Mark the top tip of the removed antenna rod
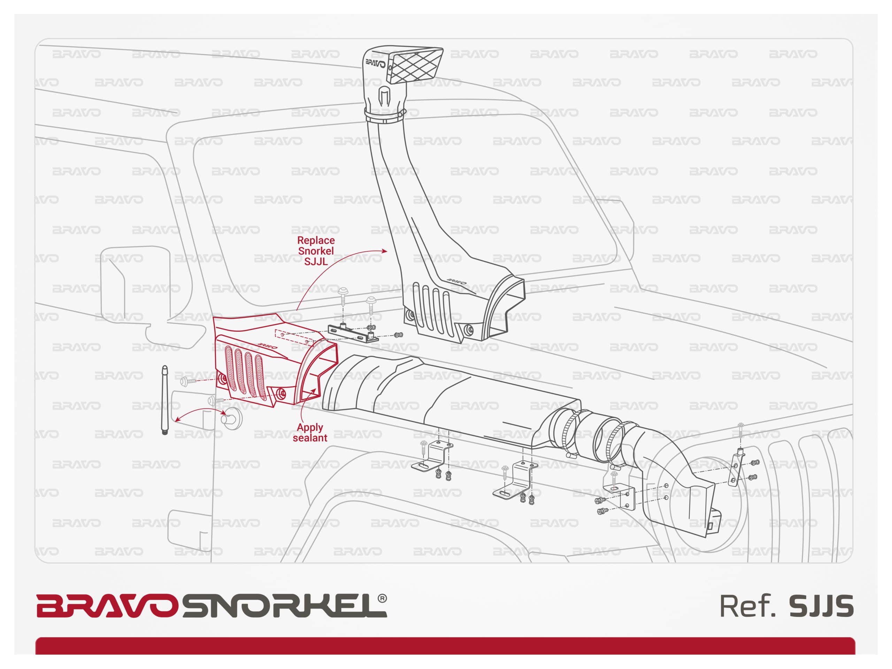click(x=164, y=367)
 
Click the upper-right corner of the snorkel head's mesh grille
click(x=443, y=49)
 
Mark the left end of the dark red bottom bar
click(x=36, y=646)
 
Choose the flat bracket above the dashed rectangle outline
click(x=353, y=333)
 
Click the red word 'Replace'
click(x=316, y=240)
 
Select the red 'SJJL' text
click(x=316, y=261)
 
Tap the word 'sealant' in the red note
click(x=310, y=438)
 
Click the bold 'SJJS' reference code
click(x=821, y=606)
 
